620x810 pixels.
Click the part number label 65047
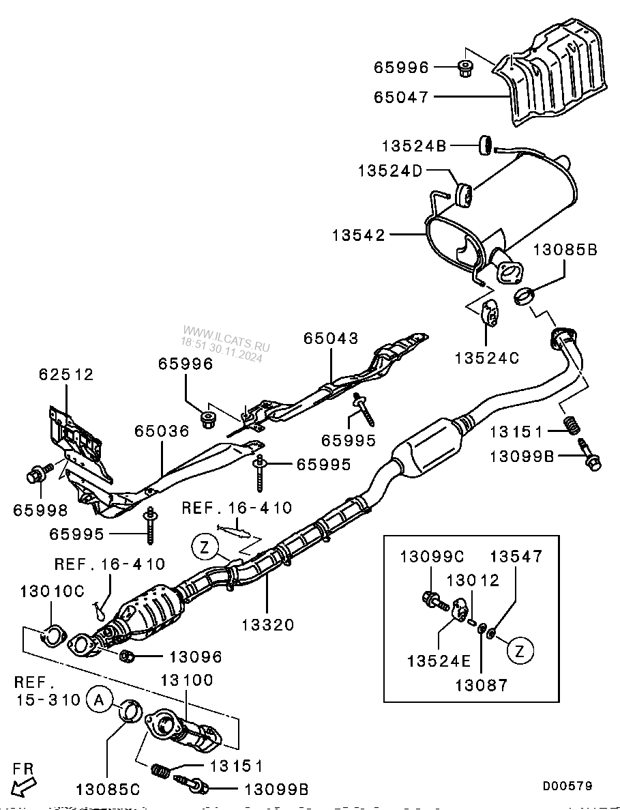[x=401, y=97]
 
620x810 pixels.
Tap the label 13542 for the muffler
[x=359, y=235]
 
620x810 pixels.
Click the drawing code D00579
[x=567, y=786]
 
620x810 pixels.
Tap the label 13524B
[x=414, y=145]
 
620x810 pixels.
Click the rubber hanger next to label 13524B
[x=486, y=145]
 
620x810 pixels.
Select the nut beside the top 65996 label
[x=464, y=68]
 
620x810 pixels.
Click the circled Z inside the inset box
[x=520, y=651]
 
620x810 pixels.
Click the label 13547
[x=516, y=556]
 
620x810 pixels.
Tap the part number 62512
[x=66, y=374]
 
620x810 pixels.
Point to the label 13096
[x=196, y=656]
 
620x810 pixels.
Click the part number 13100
[x=187, y=680]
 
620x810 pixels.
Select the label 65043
[x=331, y=338]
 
